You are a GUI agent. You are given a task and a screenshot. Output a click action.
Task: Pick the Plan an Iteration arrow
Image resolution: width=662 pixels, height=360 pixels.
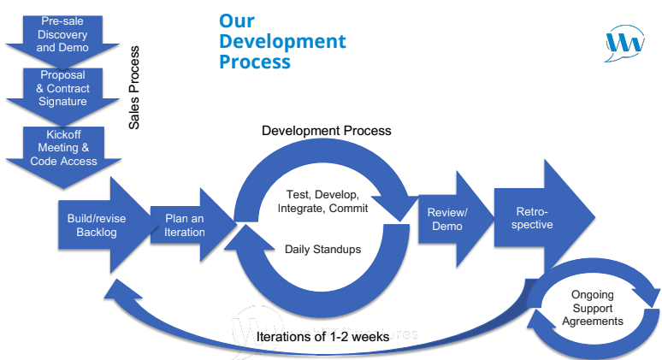[x=186, y=226]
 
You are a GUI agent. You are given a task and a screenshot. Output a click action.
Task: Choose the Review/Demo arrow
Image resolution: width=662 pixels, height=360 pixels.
[x=448, y=220]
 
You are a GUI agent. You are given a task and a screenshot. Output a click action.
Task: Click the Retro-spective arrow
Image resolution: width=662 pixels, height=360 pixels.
[x=535, y=218]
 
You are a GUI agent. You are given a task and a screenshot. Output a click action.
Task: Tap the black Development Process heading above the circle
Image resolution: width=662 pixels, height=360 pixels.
[x=326, y=131]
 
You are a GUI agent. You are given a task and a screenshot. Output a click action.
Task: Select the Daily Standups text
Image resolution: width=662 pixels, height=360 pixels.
[x=322, y=250]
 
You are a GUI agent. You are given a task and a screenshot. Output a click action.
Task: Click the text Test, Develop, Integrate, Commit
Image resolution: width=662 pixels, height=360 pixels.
[x=322, y=201]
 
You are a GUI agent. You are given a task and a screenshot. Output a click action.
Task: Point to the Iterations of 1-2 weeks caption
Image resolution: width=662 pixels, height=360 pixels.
[x=322, y=337]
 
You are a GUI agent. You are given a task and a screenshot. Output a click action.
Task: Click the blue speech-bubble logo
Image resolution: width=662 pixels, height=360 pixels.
[x=625, y=42]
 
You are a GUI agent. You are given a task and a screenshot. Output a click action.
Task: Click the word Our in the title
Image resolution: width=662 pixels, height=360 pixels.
[x=236, y=21]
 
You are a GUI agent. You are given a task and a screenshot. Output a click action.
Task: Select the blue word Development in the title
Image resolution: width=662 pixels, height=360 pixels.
[x=282, y=41]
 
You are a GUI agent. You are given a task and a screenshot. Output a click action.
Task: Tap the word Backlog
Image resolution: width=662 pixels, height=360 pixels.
[x=97, y=233]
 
